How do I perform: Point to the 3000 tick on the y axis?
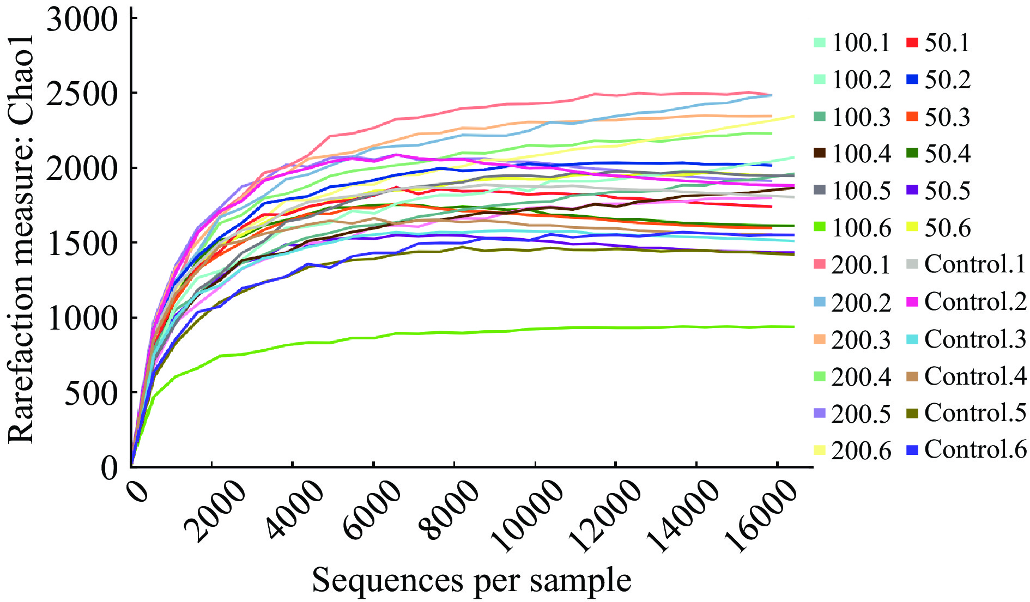82,20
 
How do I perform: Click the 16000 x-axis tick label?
760,518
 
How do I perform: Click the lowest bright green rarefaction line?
490,332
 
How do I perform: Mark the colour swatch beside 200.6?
820,451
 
